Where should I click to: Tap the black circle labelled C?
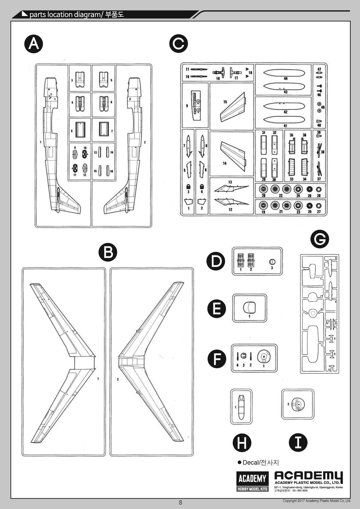pos(178,44)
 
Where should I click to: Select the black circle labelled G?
pos(320,239)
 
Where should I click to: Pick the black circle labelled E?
pos(217,309)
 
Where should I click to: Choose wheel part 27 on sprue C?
pos(318,205)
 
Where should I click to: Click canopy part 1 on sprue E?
pos(249,306)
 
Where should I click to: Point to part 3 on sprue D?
pos(272,262)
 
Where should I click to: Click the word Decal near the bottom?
pos(250,463)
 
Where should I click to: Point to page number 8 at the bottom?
pos(181,502)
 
